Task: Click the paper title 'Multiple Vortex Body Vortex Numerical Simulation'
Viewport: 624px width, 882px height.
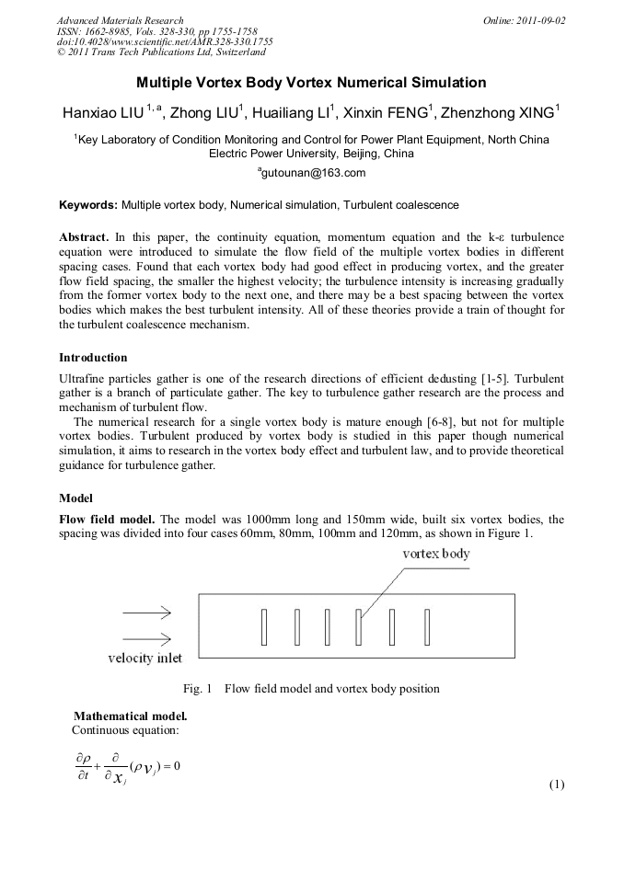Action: [311, 83]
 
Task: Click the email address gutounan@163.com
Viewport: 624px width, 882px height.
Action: [313, 173]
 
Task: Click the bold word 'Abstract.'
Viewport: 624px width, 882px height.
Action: [85, 237]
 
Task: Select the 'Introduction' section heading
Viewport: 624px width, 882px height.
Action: [93, 357]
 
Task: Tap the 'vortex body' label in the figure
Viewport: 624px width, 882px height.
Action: [436, 554]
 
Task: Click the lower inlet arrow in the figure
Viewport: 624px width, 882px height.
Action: [145, 638]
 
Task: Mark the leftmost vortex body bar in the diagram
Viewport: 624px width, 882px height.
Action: [264, 626]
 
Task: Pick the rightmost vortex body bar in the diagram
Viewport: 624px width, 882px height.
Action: [428, 626]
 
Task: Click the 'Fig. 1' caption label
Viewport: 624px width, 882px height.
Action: [198, 688]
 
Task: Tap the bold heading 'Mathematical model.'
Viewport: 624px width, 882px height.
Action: [131, 716]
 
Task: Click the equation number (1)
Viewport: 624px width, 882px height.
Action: [556, 785]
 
